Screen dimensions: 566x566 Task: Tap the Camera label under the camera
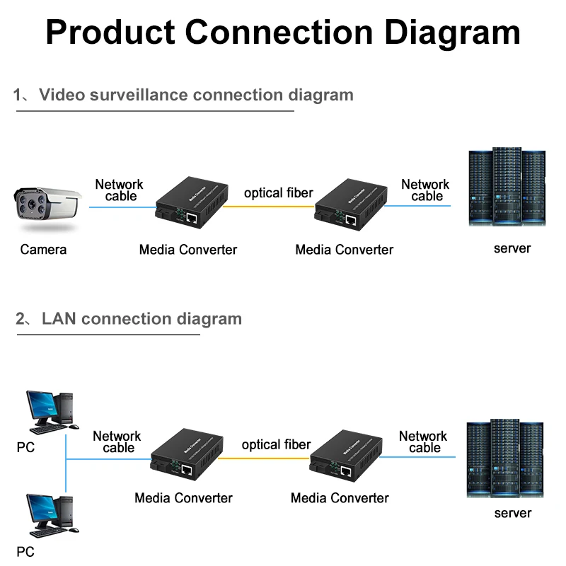pyautogui.click(x=43, y=249)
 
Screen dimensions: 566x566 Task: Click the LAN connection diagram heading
pyautogui.click(x=141, y=318)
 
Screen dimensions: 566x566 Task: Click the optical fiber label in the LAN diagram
pyautogui.click(x=276, y=444)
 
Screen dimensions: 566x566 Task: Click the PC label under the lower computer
pyautogui.click(x=25, y=551)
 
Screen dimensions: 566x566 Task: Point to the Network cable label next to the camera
pyautogui.click(x=120, y=190)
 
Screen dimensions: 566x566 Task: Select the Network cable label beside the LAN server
pyautogui.click(x=423, y=441)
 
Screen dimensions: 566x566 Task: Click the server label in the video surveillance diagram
pyautogui.click(x=512, y=248)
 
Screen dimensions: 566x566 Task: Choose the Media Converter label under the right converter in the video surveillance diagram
pyautogui.click(x=344, y=249)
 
